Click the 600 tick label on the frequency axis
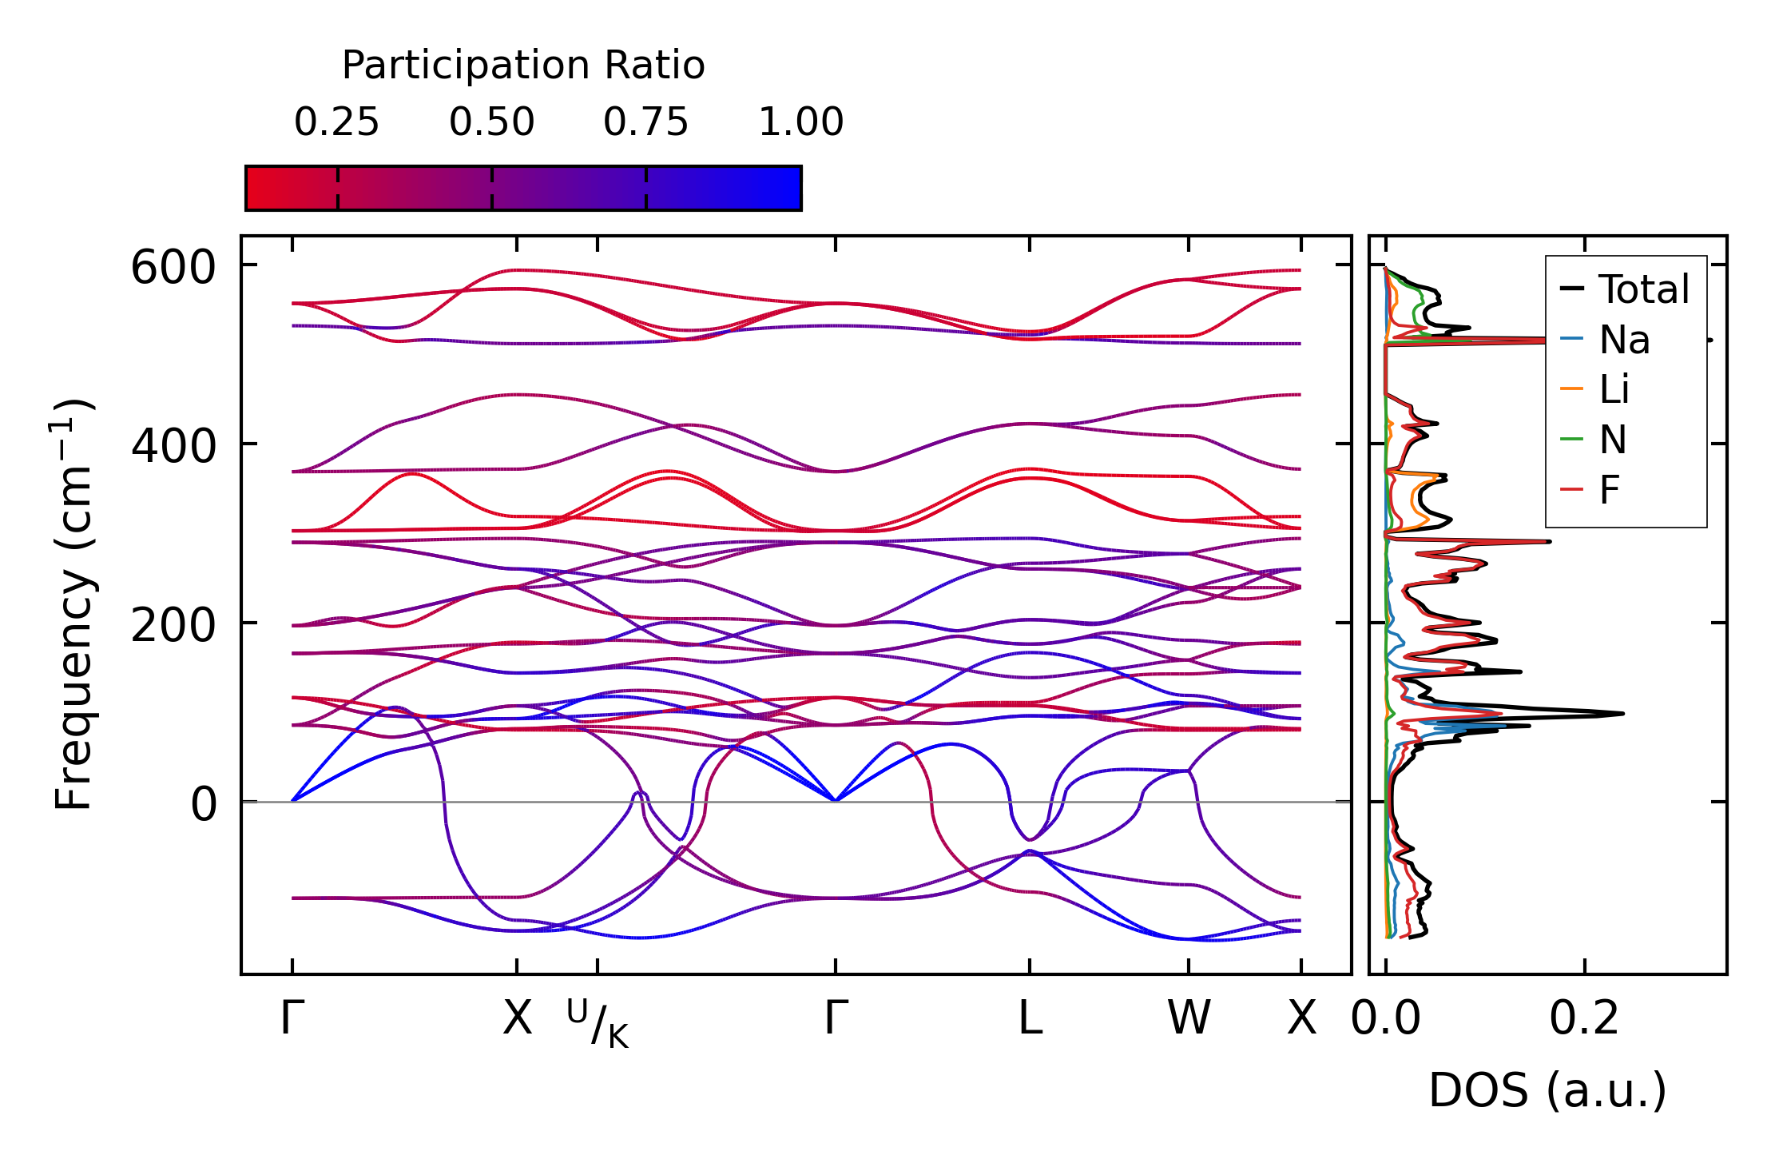pyautogui.click(x=173, y=267)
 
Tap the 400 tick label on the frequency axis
pyautogui.click(x=173, y=446)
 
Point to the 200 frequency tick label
pyautogui.click(x=173, y=625)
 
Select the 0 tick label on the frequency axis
pyautogui.click(x=204, y=804)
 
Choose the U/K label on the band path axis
pyautogui.click(x=598, y=1023)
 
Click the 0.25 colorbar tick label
pyautogui.click(x=336, y=122)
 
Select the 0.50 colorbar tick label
pyautogui.click(x=491, y=122)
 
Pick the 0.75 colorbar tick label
pyautogui.click(x=645, y=122)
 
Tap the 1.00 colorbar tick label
pyautogui.click(x=800, y=122)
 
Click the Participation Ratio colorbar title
pyautogui.click(x=523, y=66)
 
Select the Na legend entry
pyautogui.click(x=1624, y=341)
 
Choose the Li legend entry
pyautogui.click(x=1614, y=390)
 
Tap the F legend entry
pyautogui.click(x=1609, y=490)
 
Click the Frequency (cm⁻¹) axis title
pyautogui.click(x=73, y=604)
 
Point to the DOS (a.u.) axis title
pyautogui.click(x=1547, y=1090)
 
